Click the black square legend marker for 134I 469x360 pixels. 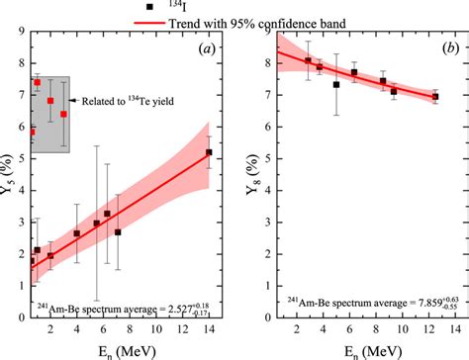(150, 6)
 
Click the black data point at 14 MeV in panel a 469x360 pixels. (209, 153)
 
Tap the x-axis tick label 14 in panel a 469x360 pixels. (209, 333)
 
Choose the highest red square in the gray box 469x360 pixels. (38, 83)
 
